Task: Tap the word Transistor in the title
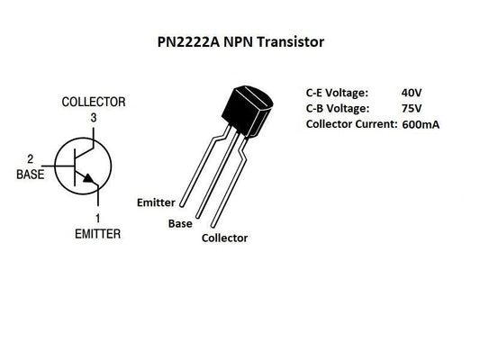tap(292, 41)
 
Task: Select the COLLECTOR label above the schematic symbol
tap(93, 102)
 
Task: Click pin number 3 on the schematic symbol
tap(93, 117)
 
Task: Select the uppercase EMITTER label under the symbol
tap(97, 233)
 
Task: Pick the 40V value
tap(412, 91)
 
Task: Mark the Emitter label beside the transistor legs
tap(156, 202)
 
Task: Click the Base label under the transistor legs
tap(180, 222)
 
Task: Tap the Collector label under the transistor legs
tap(224, 238)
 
